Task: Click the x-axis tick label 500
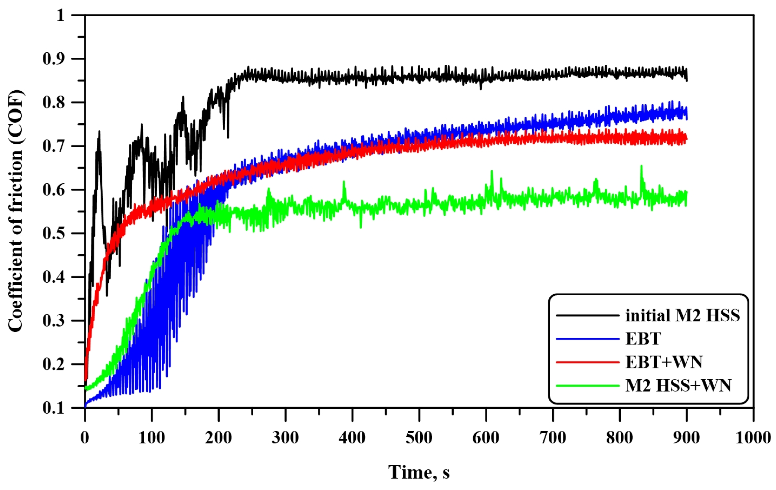419,438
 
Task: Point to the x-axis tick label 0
85,438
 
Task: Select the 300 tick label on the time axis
285,438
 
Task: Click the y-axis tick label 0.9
54,59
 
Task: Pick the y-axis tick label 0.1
54,408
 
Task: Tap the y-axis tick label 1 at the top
61,15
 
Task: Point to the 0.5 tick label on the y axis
54,233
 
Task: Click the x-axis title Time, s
419,473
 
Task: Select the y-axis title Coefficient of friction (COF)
16,211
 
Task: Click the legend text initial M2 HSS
682,315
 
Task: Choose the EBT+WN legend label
664,362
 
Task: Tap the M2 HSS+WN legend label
678,385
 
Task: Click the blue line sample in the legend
587,339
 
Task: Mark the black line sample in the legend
587,315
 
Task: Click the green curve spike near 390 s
344,182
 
